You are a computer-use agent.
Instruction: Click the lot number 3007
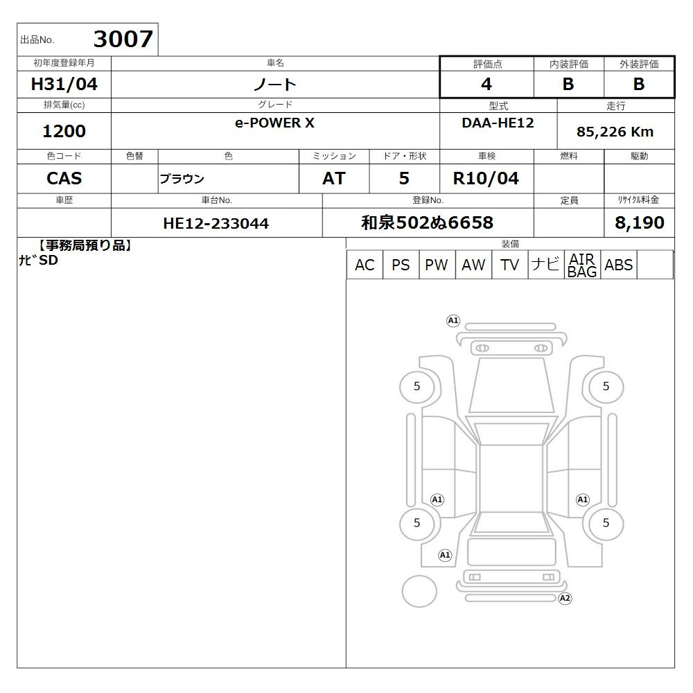coord(123,39)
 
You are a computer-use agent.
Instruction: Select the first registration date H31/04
coord(64,84)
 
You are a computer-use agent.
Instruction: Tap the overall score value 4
coord(486,84)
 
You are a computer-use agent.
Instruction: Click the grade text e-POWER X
coord(274,123)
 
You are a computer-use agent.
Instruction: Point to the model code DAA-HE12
coord(498,123)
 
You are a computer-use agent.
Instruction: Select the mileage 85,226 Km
coord(615,131)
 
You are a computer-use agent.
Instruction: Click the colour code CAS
coord(64,178)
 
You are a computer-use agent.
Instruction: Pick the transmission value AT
coord(334,178)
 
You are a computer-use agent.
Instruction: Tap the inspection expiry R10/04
coord(486,178)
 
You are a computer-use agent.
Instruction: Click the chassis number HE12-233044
coord(216,223)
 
